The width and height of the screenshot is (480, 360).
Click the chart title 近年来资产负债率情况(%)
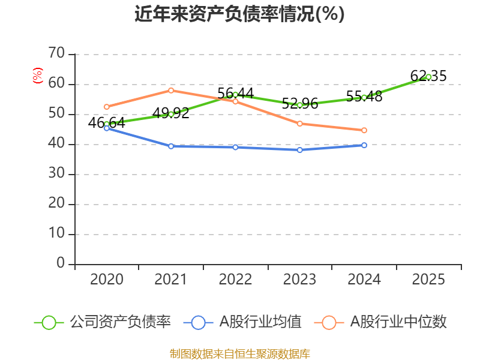[x=239, y=14]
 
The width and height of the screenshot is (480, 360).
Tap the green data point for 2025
[x=428, y=77]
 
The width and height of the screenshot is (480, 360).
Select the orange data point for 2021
[x=171, y=91]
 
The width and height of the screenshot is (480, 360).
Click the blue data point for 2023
[x=300, y=150]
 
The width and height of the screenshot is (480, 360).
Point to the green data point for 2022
[x=235, y=95]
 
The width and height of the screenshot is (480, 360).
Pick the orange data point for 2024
[x=364, y=130]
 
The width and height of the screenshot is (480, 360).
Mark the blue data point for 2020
[x=107, y=128]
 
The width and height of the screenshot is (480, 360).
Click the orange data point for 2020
[x=107, y=107]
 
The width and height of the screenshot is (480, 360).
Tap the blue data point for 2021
[x=171, y=146]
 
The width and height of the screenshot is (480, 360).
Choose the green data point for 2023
[x=300, y=105]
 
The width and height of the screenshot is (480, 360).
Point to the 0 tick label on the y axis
[x=61, y=263]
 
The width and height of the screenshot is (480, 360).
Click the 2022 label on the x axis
[x=235, y=280]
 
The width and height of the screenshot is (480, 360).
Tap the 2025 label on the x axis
[x=428, y=280]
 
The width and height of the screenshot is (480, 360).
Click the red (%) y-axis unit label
[x=38, y=76]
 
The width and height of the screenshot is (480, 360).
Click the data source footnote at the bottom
[x=239, y=353]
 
